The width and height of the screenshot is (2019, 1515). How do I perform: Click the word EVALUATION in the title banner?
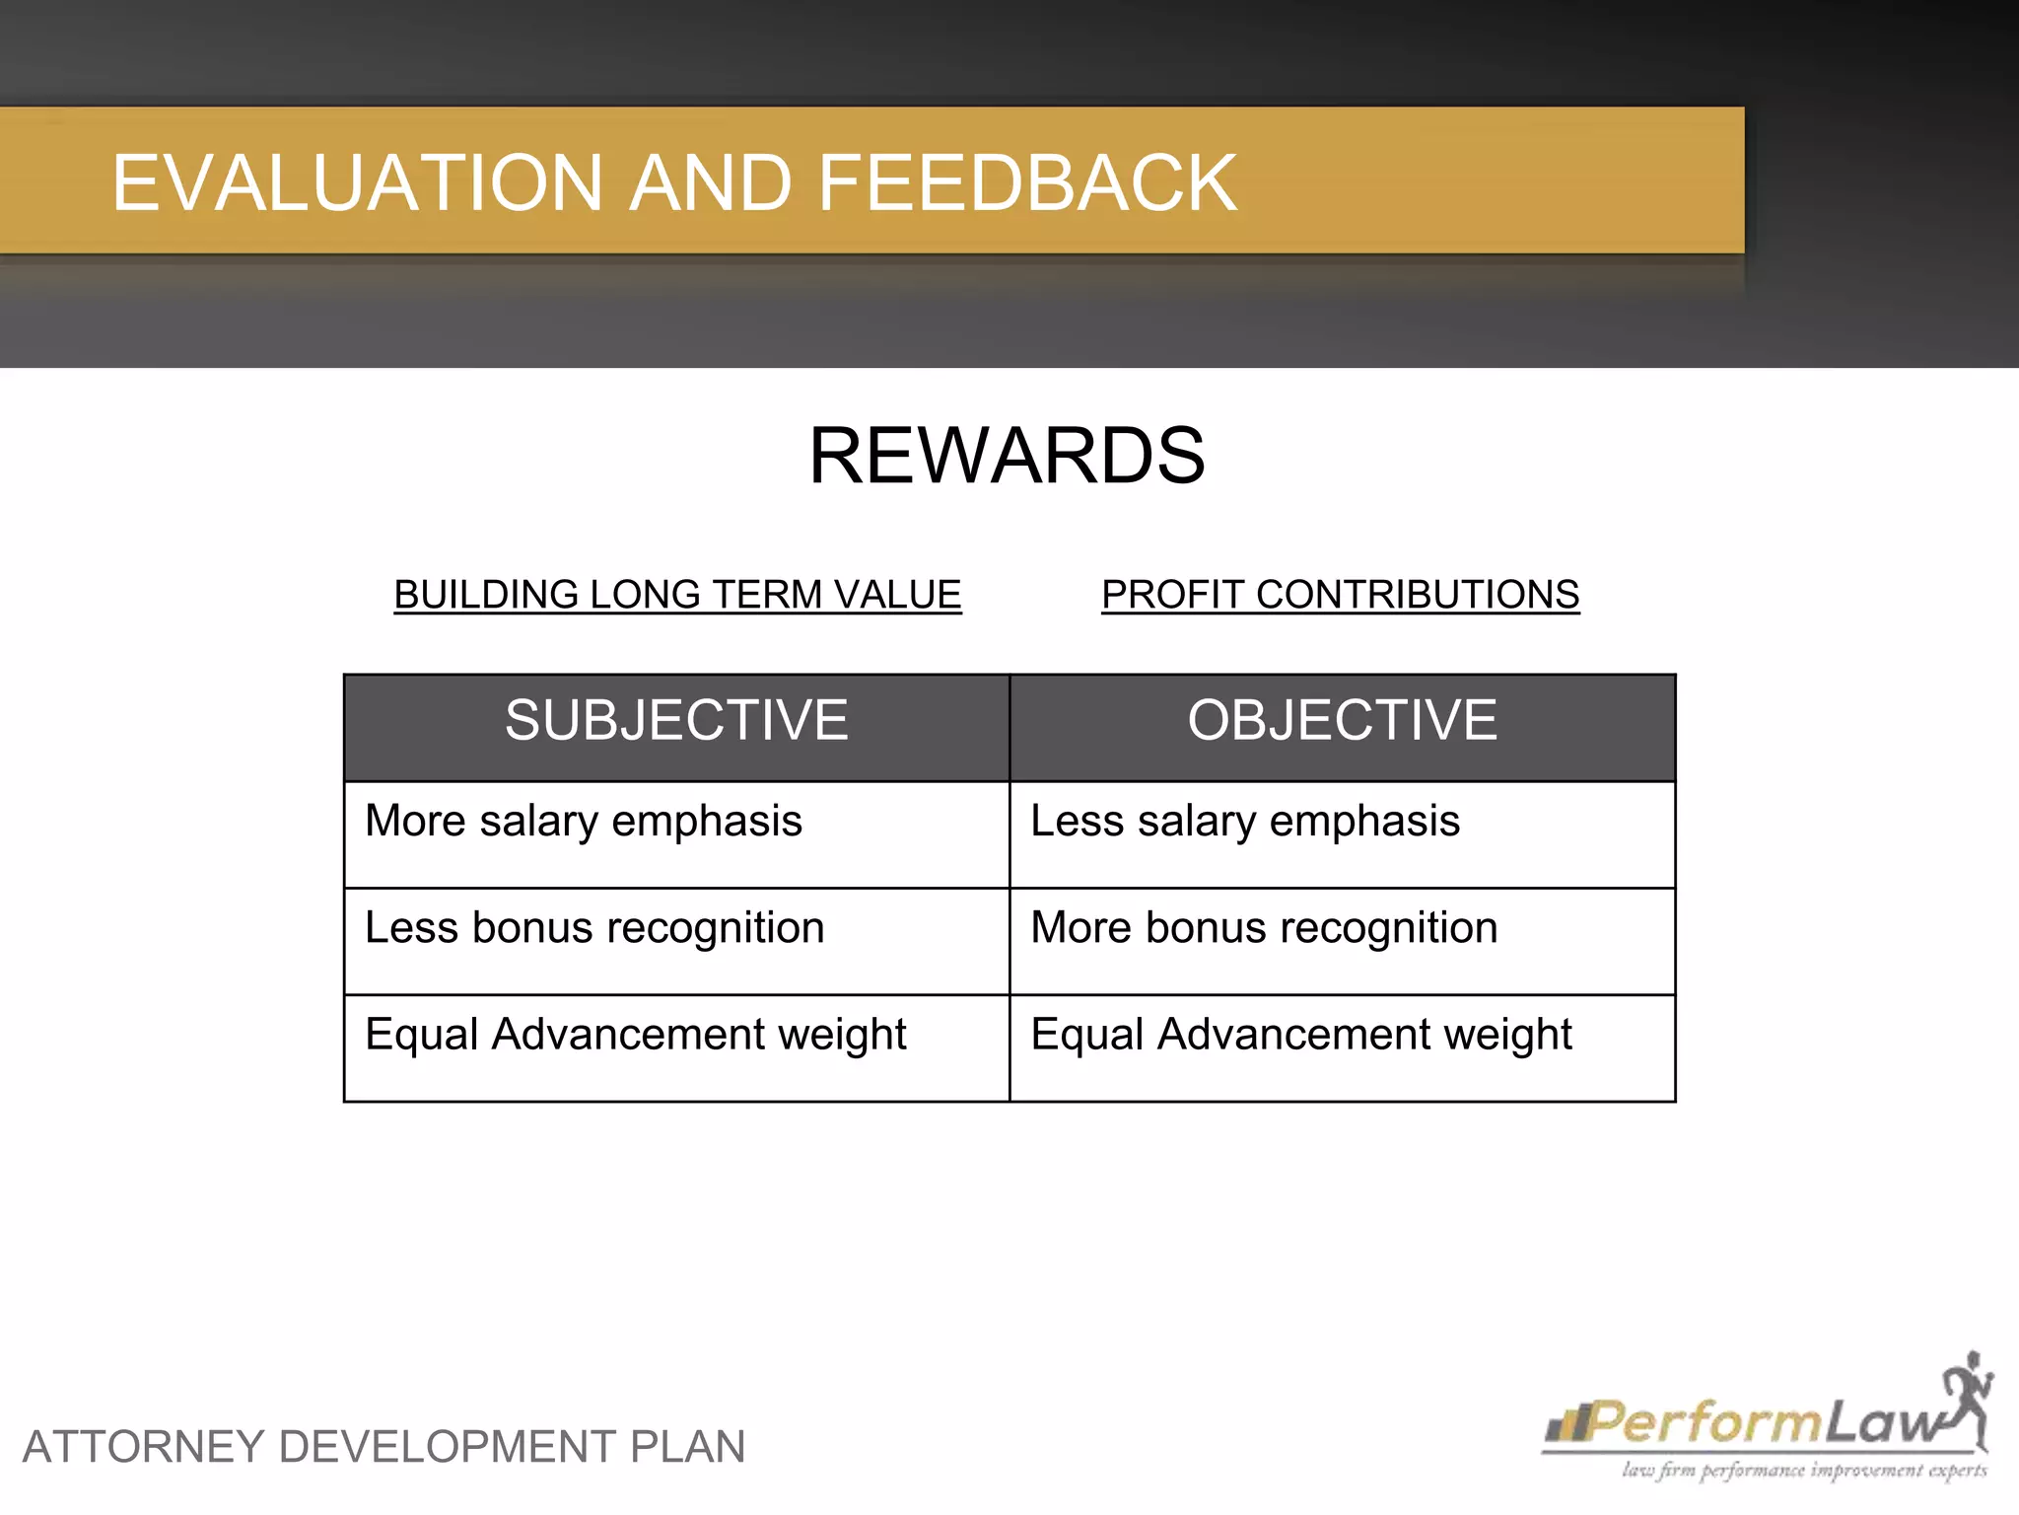coord(357,183)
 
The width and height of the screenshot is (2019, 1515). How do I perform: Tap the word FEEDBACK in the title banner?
coord(1027,183)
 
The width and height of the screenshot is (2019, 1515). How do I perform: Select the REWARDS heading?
coord(1007,456)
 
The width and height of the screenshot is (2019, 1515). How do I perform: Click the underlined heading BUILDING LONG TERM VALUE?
coord(677,595)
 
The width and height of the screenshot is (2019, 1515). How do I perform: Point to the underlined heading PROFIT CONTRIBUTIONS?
coord(1340,595)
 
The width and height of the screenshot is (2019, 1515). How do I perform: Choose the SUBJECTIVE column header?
coord(676,720)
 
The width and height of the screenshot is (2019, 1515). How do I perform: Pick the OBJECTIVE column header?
coord(1342,720)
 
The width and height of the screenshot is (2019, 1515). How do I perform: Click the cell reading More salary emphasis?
coord(584,822)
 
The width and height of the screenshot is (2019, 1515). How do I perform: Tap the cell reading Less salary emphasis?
coord(1245,822)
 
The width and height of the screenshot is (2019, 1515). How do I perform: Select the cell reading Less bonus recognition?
coord(594,928)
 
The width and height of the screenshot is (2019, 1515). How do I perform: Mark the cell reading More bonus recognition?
coord(1264,928)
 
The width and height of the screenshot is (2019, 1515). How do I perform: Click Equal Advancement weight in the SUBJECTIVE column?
coord(636,1035)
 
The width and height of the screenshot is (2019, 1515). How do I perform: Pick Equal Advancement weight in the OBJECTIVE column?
coord(1301,1035)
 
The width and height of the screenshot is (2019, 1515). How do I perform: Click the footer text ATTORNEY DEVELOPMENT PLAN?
coord(383,1447)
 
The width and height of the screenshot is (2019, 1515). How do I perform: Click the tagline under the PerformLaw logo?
coord(1803,1472)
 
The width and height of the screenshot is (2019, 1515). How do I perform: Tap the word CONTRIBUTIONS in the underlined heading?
coord(1418,595)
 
